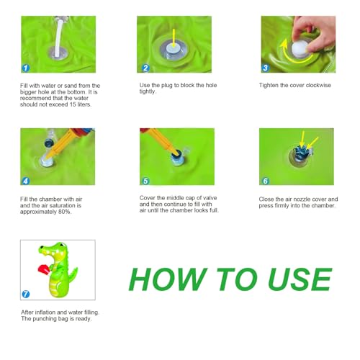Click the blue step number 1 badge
click(x=26, y=68)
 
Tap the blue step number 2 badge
click(x=145, y=68)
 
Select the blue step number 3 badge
click(x=265, y=68)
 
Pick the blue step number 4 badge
click(x=26, y=181)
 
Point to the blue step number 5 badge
click(x=145, y=181)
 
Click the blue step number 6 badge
click(x=265, y=181)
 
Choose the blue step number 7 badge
click(x=26, y=294)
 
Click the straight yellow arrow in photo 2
click(x=174, y=39)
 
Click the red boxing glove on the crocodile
click(x=44, y=270)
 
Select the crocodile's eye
click(x=62, y=246)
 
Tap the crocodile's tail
click(x=73, y=275)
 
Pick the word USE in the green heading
click(x=300, y=279)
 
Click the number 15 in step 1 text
click(x=73, y=104)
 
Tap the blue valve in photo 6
click(x=300, y=153)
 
